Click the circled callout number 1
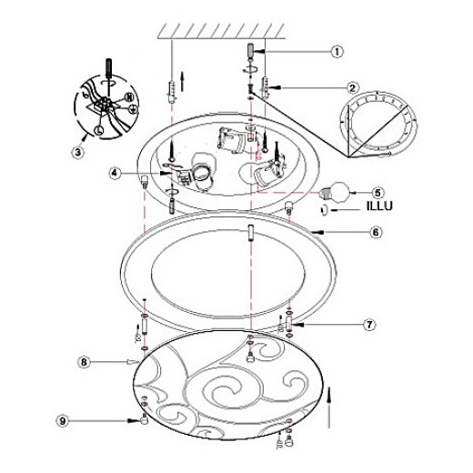pyautogui.click(x=337, y=52)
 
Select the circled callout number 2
pyautogui.click(x=352, y=88)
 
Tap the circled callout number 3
pyautogui.click(x=78, y=152)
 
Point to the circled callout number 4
pyautogui.click(x=115, y=173)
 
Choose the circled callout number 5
pyautogui.click(x=377, y=193)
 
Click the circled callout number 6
pyautogui.click(x=376, y=232)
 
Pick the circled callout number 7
pyautogui.click(x=369, y=325)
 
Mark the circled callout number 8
pyautogui.click(x=84, y=362)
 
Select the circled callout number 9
pyautogui.click(x=63, y=421)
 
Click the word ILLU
pyautogui.click(x=379, y=206)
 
